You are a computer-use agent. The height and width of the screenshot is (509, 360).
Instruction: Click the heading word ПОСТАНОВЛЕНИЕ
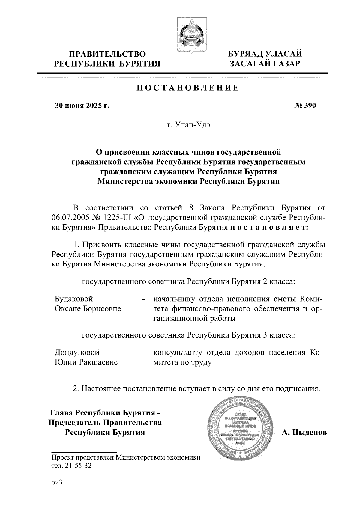coord(188,88)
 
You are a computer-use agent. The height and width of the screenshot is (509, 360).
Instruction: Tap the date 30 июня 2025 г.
coord(81,106)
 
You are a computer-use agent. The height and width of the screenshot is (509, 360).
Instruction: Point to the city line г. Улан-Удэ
coord(188,125)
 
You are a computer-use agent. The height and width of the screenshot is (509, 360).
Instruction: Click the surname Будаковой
coord(74,299)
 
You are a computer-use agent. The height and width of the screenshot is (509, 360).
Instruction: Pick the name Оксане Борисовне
coord(88,309)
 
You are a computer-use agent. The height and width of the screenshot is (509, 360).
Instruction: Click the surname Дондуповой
coord(77,352)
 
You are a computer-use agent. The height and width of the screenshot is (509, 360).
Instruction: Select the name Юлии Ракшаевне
coord(86,362)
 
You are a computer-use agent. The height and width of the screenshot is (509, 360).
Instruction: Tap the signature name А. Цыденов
coord(304,432)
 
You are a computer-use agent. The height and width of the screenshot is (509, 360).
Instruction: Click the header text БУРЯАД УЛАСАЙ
coord(265,54)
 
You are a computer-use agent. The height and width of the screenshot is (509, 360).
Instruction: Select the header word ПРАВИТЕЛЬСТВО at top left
coord(107,54)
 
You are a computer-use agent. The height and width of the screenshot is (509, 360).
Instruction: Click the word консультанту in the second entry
coord(178,352)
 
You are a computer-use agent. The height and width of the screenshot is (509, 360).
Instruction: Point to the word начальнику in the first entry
coord(174,299)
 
